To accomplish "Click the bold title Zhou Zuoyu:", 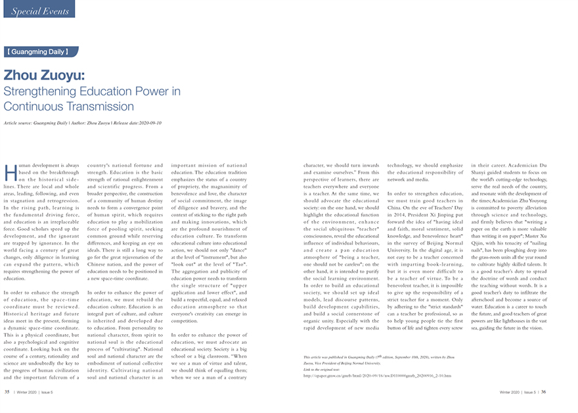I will pos(43,75).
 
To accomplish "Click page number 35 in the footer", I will pos(7,391).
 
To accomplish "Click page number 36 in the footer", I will pos(543,391).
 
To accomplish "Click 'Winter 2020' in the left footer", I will pos(26,391).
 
